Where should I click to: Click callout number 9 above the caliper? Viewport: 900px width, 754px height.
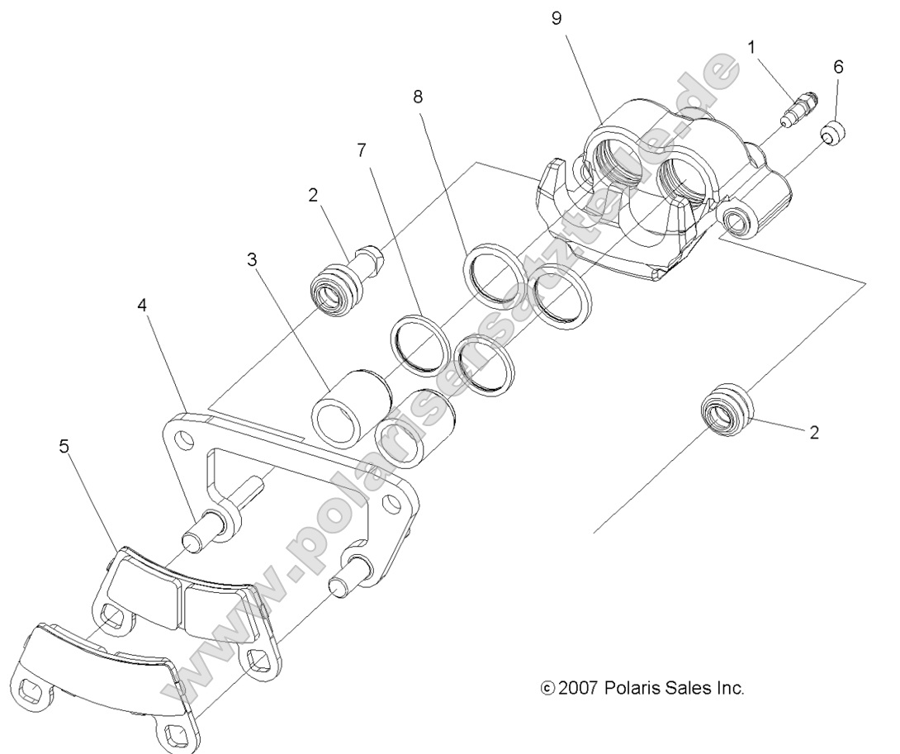pos(557,19)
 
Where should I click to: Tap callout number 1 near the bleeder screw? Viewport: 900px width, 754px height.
pos(751,47)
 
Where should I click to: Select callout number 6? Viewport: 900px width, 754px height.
pos(838,67)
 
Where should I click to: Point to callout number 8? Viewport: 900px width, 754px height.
pos(419,97)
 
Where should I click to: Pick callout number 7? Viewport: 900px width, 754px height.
pos(361,149)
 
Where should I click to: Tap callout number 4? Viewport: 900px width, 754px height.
pos(142,305)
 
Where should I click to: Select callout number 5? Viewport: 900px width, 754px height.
pos(64,447)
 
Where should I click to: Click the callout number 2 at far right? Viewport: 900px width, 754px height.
pos(814,432)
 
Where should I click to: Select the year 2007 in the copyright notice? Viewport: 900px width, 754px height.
pos(577,688)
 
